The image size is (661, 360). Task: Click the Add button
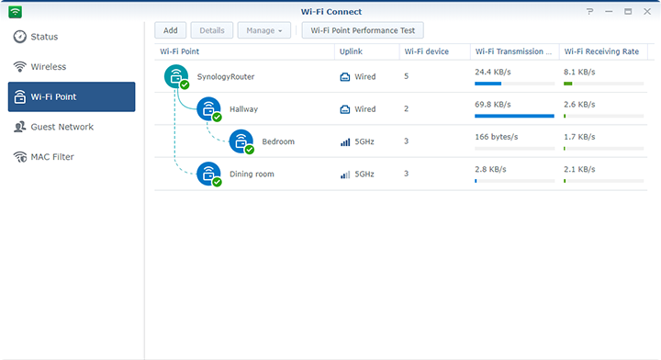(x=170, y=30)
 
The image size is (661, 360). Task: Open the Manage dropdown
(x=264, y=30)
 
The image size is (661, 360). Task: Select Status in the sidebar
(x=44, y=37)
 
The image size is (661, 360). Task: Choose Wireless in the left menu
(x=48, y=67)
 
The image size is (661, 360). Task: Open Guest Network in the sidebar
(x=62, y=127)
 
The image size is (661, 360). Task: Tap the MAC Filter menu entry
(x=52, y=157)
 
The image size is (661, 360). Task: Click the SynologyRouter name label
(x=226, y=76)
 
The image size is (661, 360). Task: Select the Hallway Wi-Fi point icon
(x=208, y=109)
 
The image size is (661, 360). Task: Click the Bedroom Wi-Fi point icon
(x=241, y=141)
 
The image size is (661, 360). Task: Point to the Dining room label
(x=252, y=174)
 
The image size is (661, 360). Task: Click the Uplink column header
(x=352, y=51)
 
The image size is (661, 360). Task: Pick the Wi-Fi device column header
(x=427, y=51)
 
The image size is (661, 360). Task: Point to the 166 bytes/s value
(x=497, y=137)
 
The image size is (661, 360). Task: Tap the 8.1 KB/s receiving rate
(x=579, y=72)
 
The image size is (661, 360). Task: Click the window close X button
(x=646, y=11)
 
